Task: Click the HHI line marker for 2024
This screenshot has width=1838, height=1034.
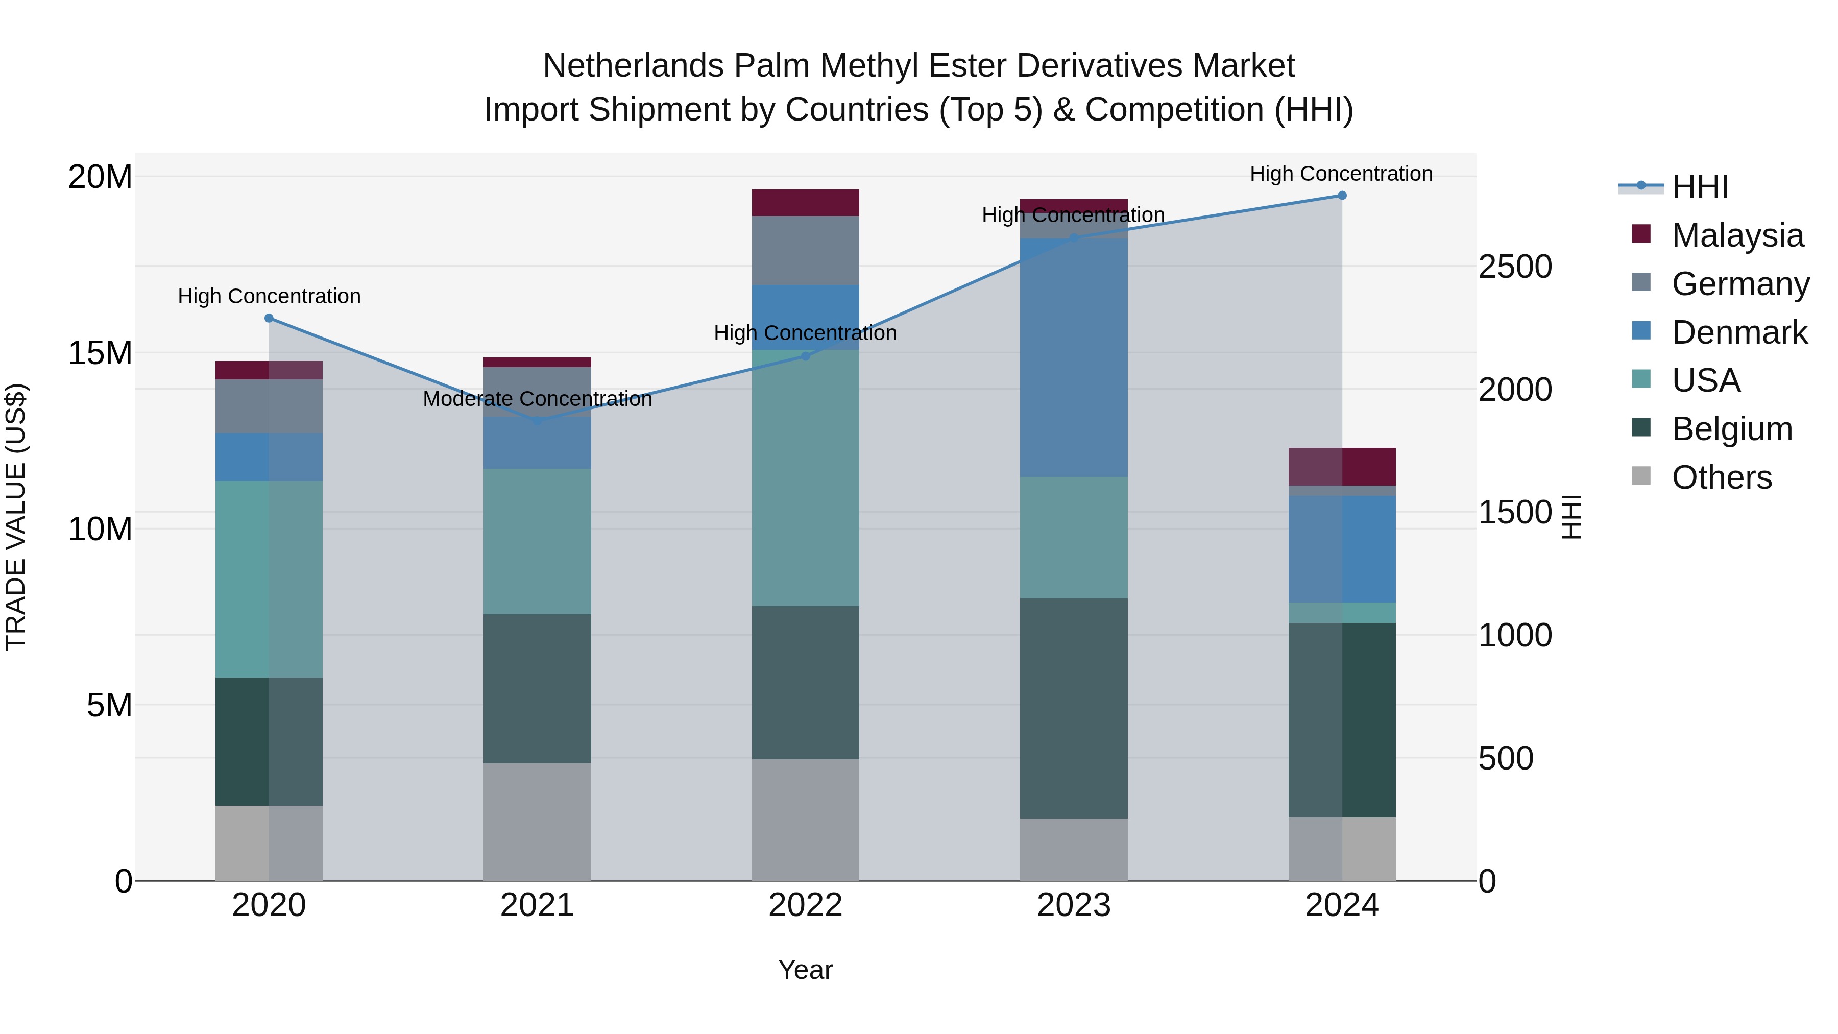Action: click(x=1341, y=196)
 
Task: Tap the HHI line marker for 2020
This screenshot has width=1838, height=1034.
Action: click(x=269, y=318)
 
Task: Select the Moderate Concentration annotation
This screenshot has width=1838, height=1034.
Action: click(x=537, y=399)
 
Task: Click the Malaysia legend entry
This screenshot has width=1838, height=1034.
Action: click(x=1737, y=235)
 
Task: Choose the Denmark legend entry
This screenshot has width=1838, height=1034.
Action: click(x=1739, y=332)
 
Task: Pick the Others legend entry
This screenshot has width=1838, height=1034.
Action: click(x=1721, y=477)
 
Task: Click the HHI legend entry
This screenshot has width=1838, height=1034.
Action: click(x=1700, y=187)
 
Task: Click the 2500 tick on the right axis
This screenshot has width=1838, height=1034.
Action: click(x=1515, y=267)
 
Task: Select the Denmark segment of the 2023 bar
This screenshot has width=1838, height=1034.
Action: click(x=1073, y=357)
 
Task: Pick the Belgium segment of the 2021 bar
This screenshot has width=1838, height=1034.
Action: click(x=537, y=689)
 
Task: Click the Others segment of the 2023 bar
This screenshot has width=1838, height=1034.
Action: click(x=1073, y=849)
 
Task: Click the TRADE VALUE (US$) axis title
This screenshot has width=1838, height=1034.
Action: click(x=16, y=517)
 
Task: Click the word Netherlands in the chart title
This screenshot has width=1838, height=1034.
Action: click(x=633, y=66)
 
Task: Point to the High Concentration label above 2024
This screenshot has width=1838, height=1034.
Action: click(x=1341, y=174)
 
